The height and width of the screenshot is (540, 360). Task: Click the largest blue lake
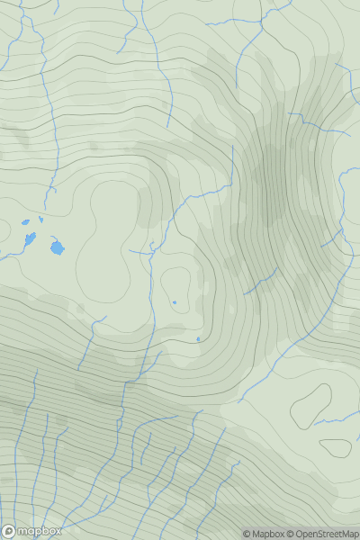pos(58,247)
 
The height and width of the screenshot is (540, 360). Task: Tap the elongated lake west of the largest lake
pos(30,238)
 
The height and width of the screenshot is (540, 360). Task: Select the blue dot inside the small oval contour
pos(175,302)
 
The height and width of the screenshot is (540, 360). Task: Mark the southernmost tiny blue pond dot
pos(198,339)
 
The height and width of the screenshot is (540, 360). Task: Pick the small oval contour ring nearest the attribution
pos(335,447)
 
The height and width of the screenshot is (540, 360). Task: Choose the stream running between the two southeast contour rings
pos(328,419)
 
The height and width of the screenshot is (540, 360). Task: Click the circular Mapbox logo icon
pos(10,531)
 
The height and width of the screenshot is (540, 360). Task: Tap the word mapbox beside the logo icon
pos(40,531)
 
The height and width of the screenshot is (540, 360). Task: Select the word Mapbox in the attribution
pos(271,534)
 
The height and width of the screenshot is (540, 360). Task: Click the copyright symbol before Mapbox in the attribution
pos(247,534)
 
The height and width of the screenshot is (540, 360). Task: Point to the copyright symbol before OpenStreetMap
pos(292,534)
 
